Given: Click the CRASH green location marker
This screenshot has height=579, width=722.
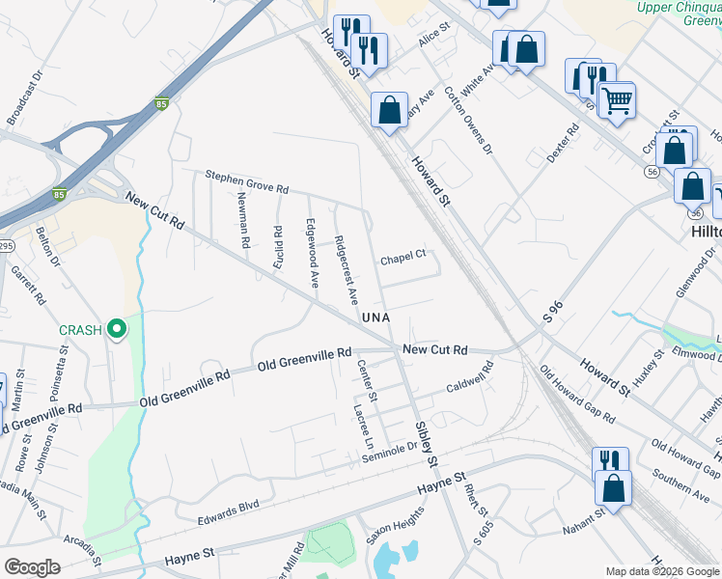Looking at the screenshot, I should tap(117, 330).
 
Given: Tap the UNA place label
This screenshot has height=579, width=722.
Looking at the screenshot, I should tap(375, 317).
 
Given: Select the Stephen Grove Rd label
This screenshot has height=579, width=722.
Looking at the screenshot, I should tap(246, 180).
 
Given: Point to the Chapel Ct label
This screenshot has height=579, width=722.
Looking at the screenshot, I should tap(403, 258).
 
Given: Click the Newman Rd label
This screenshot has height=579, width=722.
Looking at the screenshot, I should tap(243, 222).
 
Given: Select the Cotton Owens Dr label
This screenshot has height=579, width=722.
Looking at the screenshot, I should tap(468, 122).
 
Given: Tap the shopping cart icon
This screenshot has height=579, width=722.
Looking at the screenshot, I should tap(616, 98).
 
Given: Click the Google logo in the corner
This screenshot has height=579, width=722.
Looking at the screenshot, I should tap(32, 567).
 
